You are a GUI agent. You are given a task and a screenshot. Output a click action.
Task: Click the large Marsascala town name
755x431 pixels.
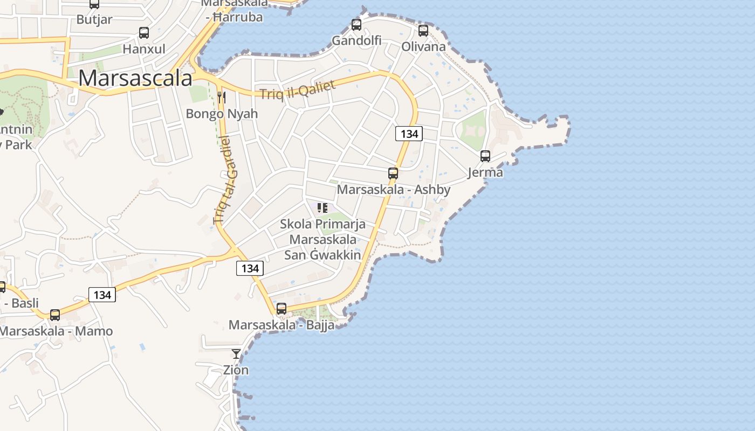click(135, 78)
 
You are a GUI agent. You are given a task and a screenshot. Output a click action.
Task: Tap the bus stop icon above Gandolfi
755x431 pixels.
click(356, 24)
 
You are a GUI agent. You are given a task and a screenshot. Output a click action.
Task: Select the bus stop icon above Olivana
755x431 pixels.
click(423, 31)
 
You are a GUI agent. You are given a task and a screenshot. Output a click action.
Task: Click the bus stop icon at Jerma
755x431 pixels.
click(485, 156)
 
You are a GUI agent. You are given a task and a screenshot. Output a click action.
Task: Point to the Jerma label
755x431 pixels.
click(485, 172)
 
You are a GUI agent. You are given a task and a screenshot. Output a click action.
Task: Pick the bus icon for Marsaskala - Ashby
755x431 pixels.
click(393, 173)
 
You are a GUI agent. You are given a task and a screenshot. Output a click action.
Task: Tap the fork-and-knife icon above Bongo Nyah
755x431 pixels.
click(221, 98)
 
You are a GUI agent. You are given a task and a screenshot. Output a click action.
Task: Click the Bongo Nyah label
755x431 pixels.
click(222, 114)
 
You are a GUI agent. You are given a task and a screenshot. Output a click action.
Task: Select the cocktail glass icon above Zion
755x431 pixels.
click(236, 354)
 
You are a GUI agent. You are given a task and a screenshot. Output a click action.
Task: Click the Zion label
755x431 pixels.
click(236, 370)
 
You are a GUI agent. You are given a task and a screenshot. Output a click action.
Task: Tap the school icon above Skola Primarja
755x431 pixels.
click(322, 208)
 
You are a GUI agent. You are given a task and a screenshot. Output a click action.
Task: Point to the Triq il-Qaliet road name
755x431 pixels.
click(298, 89)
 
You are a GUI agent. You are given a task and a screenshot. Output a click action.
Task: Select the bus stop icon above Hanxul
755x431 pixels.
click(144, 32)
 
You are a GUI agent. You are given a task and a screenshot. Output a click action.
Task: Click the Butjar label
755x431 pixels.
click(94, 19)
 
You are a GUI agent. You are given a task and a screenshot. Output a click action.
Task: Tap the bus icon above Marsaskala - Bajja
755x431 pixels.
click(282, 309)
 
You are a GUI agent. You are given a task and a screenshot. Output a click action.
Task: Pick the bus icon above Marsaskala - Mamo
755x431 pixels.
click(55, 315)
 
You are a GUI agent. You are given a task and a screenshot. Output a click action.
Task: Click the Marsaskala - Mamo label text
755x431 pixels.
click(56, 331)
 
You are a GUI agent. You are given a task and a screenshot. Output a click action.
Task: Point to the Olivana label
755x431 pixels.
click(423, 46)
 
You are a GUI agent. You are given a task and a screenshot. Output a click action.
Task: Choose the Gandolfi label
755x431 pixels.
click(356, 40)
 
